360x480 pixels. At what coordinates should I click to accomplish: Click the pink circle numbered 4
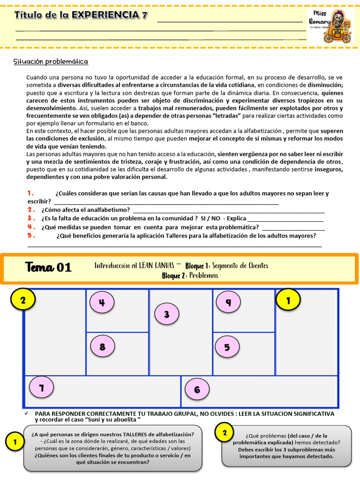102,303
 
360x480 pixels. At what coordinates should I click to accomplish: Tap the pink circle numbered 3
166,315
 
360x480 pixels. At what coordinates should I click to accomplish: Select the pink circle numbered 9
228,302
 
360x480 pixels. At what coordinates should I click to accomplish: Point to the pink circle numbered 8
102,347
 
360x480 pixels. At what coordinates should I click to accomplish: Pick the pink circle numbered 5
227,347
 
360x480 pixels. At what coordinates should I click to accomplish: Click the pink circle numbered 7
41,388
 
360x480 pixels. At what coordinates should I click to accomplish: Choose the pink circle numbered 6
197,390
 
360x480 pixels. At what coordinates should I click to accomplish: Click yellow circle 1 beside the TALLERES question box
15,442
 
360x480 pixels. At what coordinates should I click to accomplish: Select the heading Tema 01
48,268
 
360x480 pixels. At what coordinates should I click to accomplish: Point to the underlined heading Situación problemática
51,61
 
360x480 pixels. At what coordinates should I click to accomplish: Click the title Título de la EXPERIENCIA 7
81,15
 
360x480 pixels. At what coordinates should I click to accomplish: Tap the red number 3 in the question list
30,218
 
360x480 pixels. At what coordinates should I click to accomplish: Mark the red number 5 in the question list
30,236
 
